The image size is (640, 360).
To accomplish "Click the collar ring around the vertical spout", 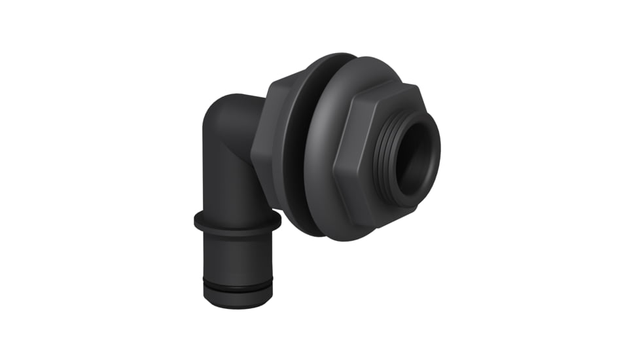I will point(237,221).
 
